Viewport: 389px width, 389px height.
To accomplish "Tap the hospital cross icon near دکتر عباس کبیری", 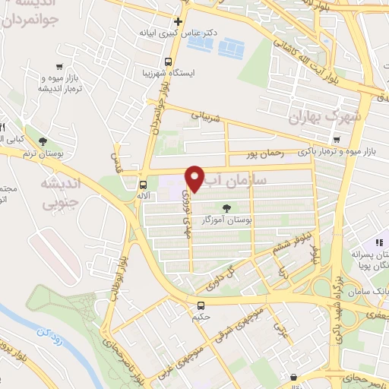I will point(177,21).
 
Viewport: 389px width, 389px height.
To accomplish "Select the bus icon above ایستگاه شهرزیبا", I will point(169,62).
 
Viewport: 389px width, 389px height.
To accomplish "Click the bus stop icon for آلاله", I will point(143,185).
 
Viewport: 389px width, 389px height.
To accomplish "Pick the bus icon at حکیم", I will point(200,306).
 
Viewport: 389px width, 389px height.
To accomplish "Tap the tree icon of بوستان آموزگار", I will point(226,207).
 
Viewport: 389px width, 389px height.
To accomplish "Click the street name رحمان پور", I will point(265,154).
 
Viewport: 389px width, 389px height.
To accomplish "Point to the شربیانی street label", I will point(204,116).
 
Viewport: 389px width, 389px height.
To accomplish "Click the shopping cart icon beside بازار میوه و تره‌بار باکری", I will point(336,139).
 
